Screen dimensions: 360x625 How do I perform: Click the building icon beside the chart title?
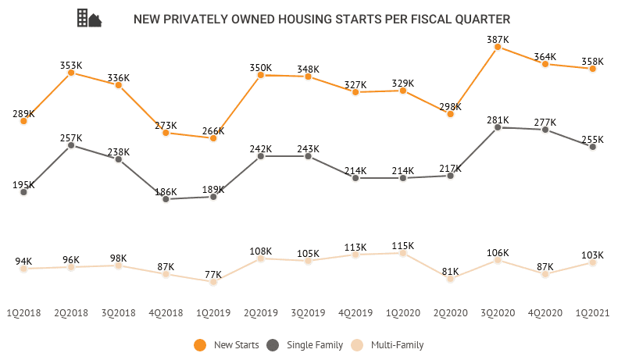(x=88, y=19)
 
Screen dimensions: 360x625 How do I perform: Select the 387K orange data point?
(x=498, y=48)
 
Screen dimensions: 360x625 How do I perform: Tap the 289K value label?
(x=23, y=113)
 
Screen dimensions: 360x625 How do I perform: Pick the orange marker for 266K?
(x=213, y=137)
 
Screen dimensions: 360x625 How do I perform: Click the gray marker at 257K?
(x=71, y=144)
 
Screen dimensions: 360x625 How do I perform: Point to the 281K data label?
(x=498, y=120)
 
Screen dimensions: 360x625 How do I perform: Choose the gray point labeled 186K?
(x=166, y=199)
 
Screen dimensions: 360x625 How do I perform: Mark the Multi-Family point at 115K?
(x=403, y=253)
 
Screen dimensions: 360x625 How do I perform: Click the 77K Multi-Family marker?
(x=213, y=281)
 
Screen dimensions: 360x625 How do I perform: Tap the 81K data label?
(x=450, y=272)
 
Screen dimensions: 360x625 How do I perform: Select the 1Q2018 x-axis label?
(x=23, y=312)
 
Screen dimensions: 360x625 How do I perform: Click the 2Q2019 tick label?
(x=261, y=312)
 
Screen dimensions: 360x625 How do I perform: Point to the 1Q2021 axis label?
(x=593, y=312)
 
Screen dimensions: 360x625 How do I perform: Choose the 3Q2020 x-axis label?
(x=498, y=312)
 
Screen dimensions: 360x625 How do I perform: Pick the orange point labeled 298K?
(x=450, y=113)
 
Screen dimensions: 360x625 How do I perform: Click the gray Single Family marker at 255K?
(x=593, y=147)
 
